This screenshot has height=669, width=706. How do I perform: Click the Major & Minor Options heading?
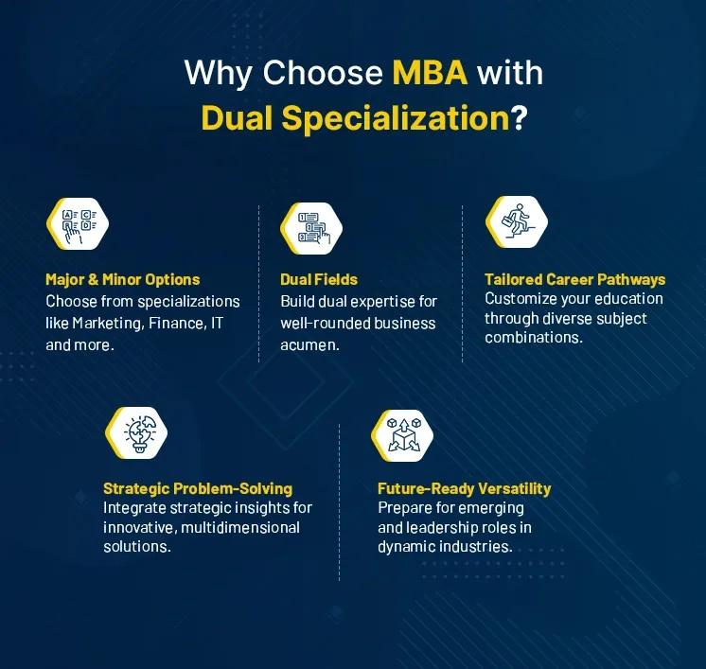[123, 279]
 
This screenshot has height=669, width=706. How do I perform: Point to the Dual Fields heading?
[319, 279]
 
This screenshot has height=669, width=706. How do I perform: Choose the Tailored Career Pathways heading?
[574, 279]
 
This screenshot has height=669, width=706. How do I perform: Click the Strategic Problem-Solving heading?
[198, 488]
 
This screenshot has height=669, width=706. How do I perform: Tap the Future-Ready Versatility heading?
[464, 488]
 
